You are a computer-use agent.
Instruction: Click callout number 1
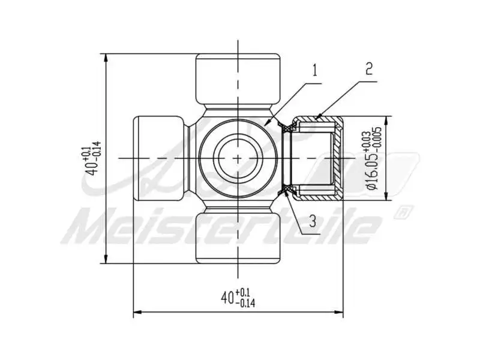coord(314,70)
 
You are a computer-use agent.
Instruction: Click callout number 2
coord(368,68)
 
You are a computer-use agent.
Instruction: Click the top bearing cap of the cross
coord(239,78)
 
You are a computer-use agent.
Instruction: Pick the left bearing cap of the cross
coord(157,158)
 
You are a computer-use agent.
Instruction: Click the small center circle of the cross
coord(239,158)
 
